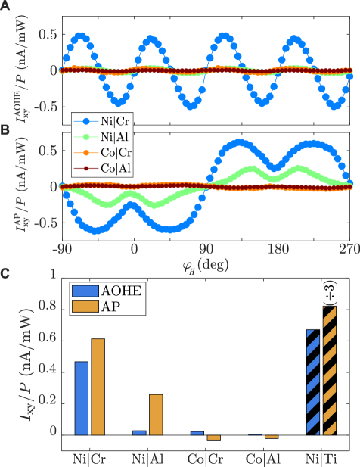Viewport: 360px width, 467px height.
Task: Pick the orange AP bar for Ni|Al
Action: [x=155, y=415]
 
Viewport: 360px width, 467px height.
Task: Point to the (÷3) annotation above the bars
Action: [x=330, y=291]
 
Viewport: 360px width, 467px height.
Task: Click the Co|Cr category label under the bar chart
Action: [x=205, y=459]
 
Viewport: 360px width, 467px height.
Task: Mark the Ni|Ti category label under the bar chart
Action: [x=321, y=459]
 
